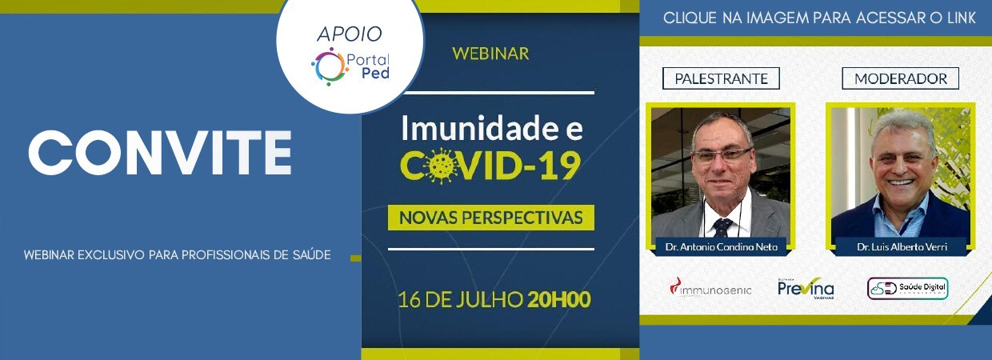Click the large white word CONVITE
point(160,153)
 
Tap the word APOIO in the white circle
point(350,34)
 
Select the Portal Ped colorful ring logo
point(328,66)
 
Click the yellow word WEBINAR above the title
point(490,54)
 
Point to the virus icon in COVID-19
point(441,166)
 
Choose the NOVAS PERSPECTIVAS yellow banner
point(490,218)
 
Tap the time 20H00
point(559,300)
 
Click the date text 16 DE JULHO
point(460,300)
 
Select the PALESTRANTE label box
point(721,78)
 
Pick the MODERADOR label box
point(900,78)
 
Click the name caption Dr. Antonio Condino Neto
point(722,246)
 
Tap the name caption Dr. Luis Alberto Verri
point(902,246)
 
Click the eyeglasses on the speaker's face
point(721,155)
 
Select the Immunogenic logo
point(710,288)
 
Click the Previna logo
point(806,288)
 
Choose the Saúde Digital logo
point(907,288)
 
